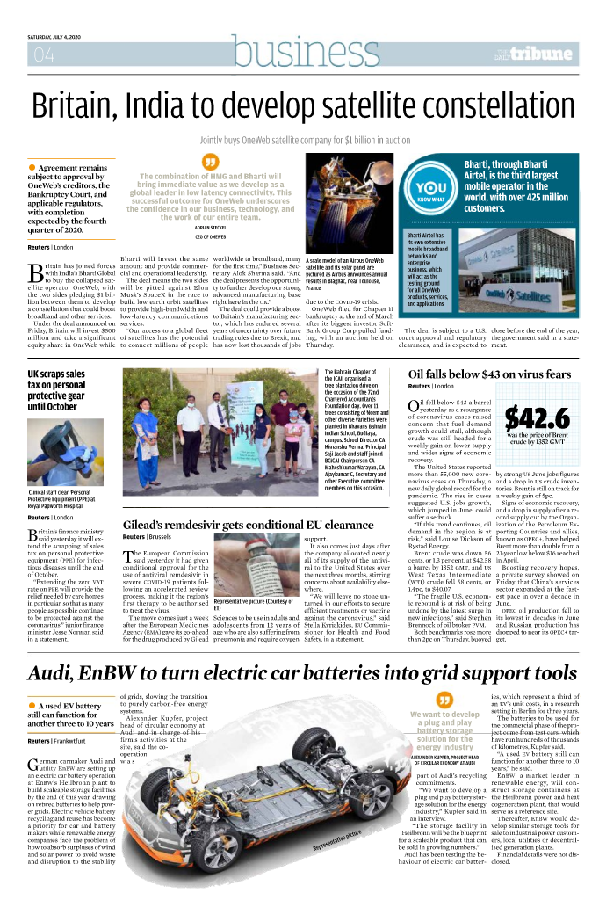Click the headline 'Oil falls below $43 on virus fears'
click(489, 374)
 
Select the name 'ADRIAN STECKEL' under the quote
click(210, 228)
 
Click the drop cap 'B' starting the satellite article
click(36, 272)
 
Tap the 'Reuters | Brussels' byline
click(147, 536)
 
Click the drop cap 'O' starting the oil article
click(415, 405)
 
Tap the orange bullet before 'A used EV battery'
click(32, 730)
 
